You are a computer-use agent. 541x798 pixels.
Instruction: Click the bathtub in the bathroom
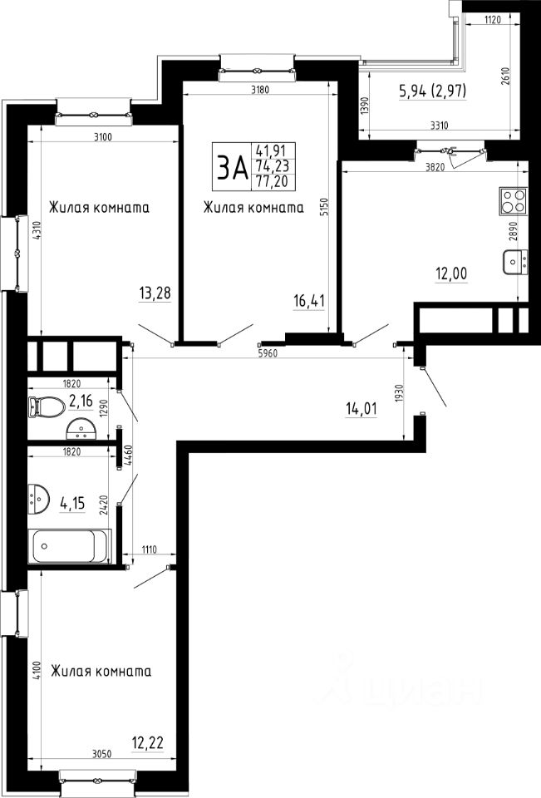click(x=71, y=546)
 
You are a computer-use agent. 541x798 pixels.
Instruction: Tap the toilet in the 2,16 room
click(x=47, y=406)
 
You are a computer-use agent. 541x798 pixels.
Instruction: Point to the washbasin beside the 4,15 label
click(x=39, y=498)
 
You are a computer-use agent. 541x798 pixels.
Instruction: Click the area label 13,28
click(x=155, y=293)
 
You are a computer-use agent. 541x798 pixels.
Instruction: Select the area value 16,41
click(x=309, y=301)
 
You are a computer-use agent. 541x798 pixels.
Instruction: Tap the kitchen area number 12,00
click(x=451, y=273)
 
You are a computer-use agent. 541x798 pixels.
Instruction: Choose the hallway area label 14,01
click(x=361, y=408)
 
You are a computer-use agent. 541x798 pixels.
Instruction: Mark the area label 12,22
click(x=148, y=743)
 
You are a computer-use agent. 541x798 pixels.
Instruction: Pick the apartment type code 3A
click(x=233, y=168)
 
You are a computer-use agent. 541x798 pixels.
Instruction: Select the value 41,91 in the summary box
click(x=273, y=150)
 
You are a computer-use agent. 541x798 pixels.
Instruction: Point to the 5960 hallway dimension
click(x=268, y=353)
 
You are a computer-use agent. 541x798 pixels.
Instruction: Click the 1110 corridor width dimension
click(x=149, y=549)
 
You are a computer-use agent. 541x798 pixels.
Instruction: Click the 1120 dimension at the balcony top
click(x=493, y=20)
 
